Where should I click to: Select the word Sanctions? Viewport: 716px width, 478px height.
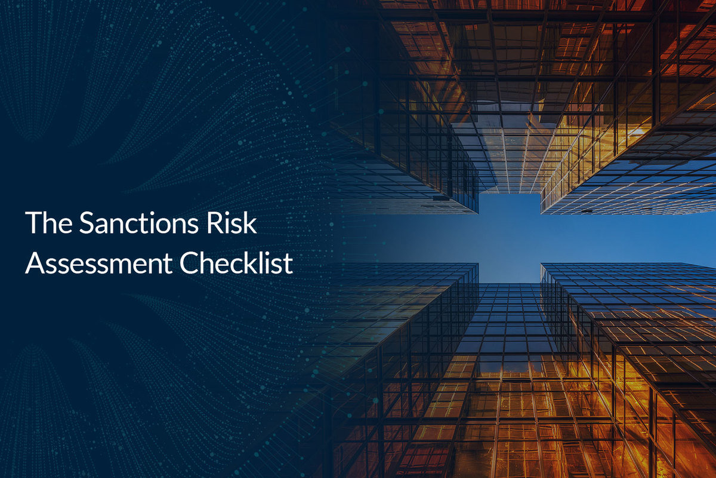pos(139,223)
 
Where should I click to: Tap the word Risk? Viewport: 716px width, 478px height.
pos(232,222)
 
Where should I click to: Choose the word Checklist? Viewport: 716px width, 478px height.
pos(236,262)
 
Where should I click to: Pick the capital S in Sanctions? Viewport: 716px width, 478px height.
pos(87,223)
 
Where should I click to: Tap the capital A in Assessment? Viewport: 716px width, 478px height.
pos(36,263)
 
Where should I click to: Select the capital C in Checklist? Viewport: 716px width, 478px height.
pos(190,263)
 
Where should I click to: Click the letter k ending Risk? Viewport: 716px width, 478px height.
pos(249,222)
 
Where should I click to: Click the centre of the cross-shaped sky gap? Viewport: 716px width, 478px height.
pos(510,238)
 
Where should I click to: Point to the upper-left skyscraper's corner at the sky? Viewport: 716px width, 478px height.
pos(479,213)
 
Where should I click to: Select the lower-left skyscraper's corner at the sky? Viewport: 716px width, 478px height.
pos(479,263)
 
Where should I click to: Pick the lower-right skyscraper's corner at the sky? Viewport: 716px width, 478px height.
pos(541,263)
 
